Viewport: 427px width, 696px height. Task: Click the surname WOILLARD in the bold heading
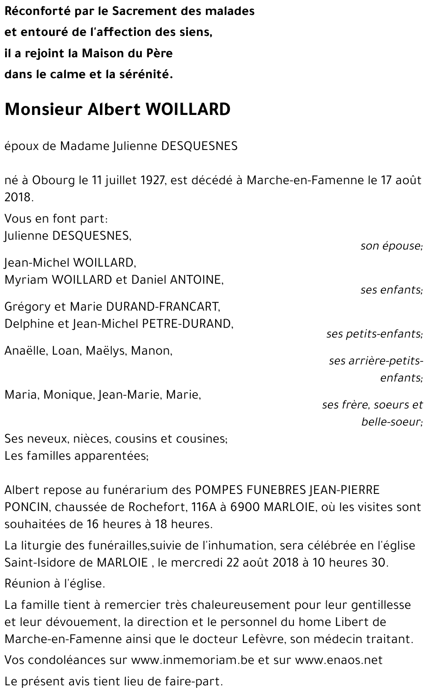pos(188,110)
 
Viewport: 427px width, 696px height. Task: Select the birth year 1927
pos(152,180)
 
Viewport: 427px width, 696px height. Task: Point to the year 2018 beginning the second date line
pos(18,197)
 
